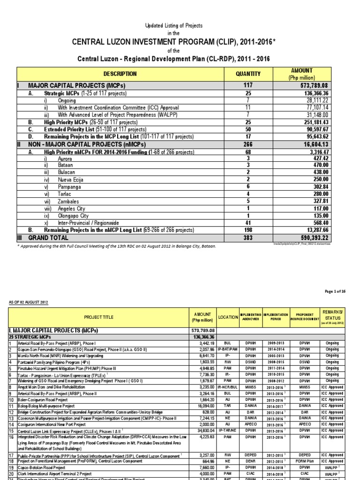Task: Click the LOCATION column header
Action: point(228,317)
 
